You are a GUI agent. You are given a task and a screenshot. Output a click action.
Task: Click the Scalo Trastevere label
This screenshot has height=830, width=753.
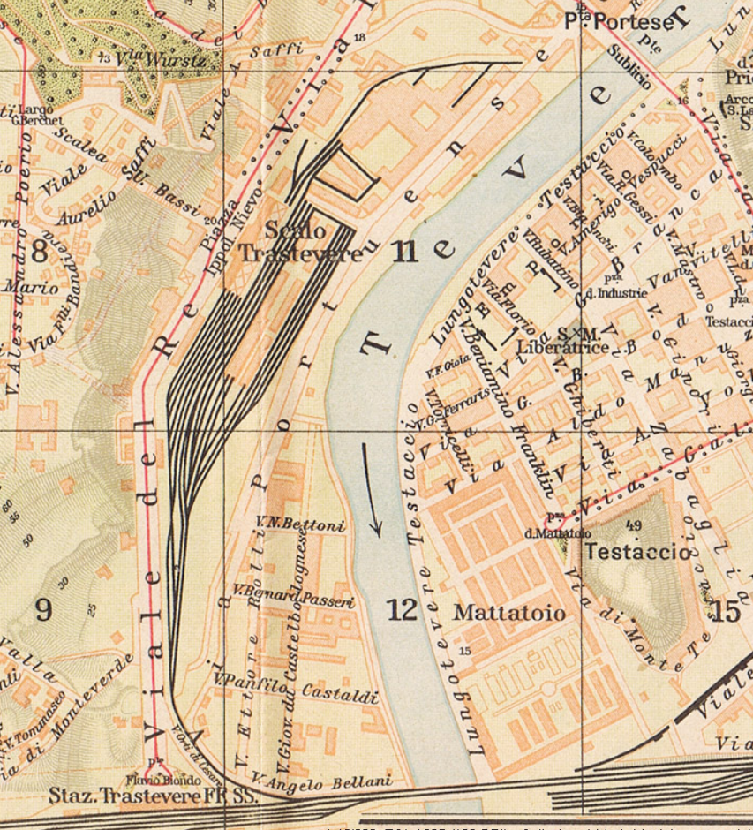coord(300,242)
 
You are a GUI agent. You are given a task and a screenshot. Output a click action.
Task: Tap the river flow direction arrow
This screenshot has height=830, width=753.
coord(372,489)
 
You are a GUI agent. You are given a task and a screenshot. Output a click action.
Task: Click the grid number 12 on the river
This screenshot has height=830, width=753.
coord(402,609)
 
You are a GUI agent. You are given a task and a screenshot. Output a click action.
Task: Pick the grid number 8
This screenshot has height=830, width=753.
coord(40,252)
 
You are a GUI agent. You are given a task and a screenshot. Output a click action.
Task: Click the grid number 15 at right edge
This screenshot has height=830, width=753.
coord(726,611)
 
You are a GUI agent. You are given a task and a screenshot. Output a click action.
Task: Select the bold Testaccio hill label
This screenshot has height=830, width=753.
coord(639,552)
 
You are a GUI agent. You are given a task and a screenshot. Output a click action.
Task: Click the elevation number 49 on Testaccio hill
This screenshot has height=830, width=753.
coord(632,526)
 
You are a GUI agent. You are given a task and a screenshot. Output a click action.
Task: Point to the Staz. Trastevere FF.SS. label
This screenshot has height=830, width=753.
coord(153,796)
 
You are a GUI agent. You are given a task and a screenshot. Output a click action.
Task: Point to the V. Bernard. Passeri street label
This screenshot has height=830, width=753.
coord(293,595)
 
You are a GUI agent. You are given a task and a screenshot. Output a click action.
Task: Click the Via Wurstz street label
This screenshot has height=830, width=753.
coord(163,60)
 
